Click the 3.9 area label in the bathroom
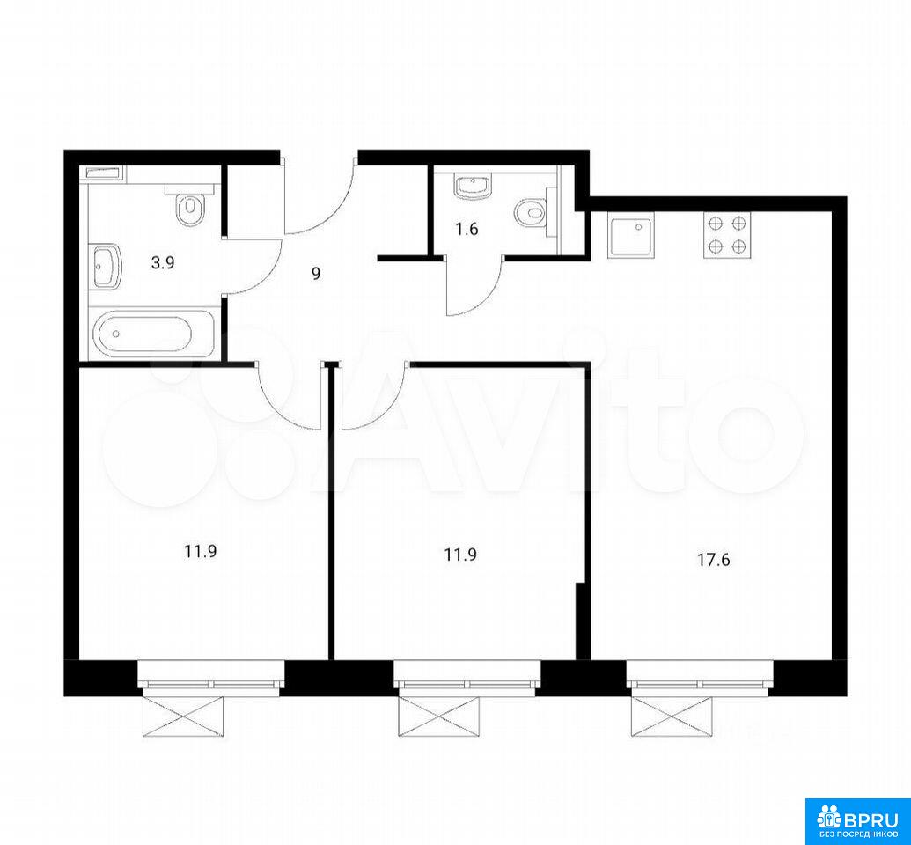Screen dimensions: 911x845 pyautogui.click(x=163, y=262)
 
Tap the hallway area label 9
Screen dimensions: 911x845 pyautogui.click(x=316, y=273)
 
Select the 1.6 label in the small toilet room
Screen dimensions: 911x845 pyautogui.click(x=467, y=229)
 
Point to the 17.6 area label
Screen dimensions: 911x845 pyautogui.click(x=713, y=560)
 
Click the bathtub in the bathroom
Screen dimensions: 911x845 pyautogui.click(x=154, y=333)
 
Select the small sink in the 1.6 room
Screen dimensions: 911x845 pyautogui.click(x=473, y=187)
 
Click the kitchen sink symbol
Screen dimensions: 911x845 pyautogui.click(x=631, y=235)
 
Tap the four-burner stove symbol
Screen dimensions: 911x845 pyautogui.click(x=727, y=235)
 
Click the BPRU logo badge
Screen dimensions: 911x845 pyautogui.click(x=857, y=822)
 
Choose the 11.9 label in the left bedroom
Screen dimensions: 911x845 pyautogui.click(x=201, y=551)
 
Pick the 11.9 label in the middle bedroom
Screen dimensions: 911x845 pyautogui.click(x=460, y=555)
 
